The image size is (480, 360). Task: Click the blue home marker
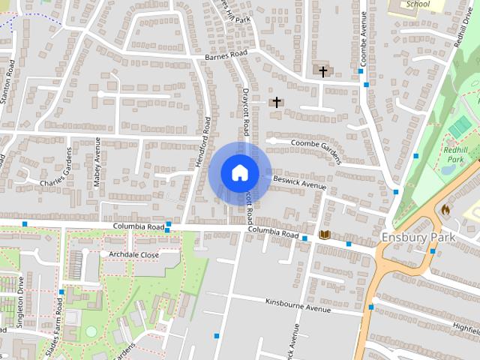(x=239, y=173)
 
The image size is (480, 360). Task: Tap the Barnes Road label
(x=226, y=56)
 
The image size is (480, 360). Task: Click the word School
(x=413, y=4)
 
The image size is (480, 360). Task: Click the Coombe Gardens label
(x=315, y=148)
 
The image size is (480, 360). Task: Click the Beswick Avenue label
(x=299, y=183)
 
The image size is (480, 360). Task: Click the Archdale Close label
(x=134, y=255)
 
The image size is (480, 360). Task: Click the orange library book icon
(x=325, y=235)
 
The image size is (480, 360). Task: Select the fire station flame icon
(x=446, y=210)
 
